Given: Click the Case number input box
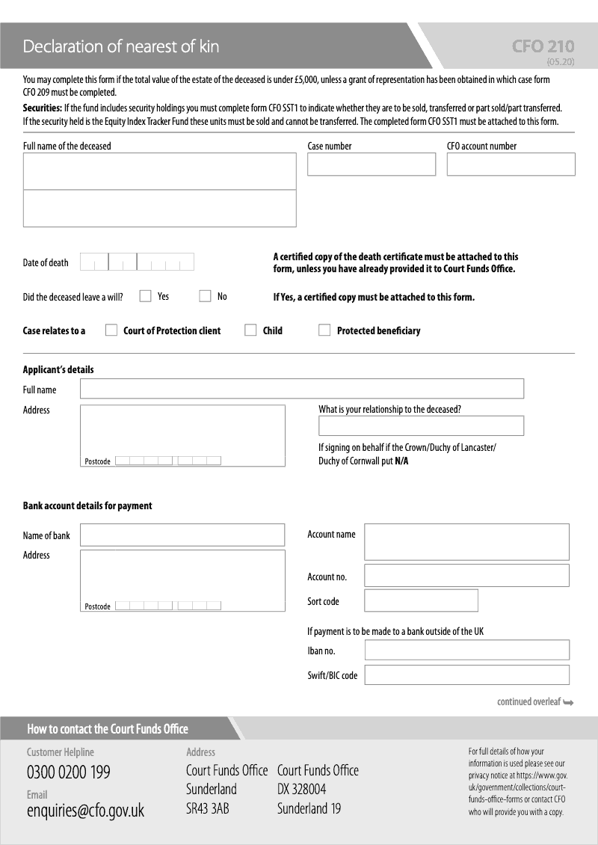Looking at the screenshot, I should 371,165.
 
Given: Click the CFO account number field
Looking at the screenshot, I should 511,165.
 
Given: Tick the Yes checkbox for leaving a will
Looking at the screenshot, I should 146,296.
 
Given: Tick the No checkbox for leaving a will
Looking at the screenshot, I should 205,296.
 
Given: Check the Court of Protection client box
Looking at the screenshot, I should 111,331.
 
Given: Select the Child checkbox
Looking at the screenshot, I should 250,331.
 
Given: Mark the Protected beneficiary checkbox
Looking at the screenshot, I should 324,331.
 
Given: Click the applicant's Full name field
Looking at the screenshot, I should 301,389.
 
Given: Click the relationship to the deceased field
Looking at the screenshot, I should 421,425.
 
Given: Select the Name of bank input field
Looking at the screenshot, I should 182,535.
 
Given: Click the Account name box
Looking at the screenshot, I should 466,541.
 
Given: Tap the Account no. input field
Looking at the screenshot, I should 466,575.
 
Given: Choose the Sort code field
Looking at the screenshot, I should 421,600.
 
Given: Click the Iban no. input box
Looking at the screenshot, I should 466,650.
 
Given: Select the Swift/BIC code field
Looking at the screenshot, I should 466,675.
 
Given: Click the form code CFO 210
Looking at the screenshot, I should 543,46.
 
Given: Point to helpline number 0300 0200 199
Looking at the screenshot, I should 68,772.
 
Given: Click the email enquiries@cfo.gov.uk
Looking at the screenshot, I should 85,811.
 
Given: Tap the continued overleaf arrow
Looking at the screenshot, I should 569,702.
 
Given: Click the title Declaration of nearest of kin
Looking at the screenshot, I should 121,46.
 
